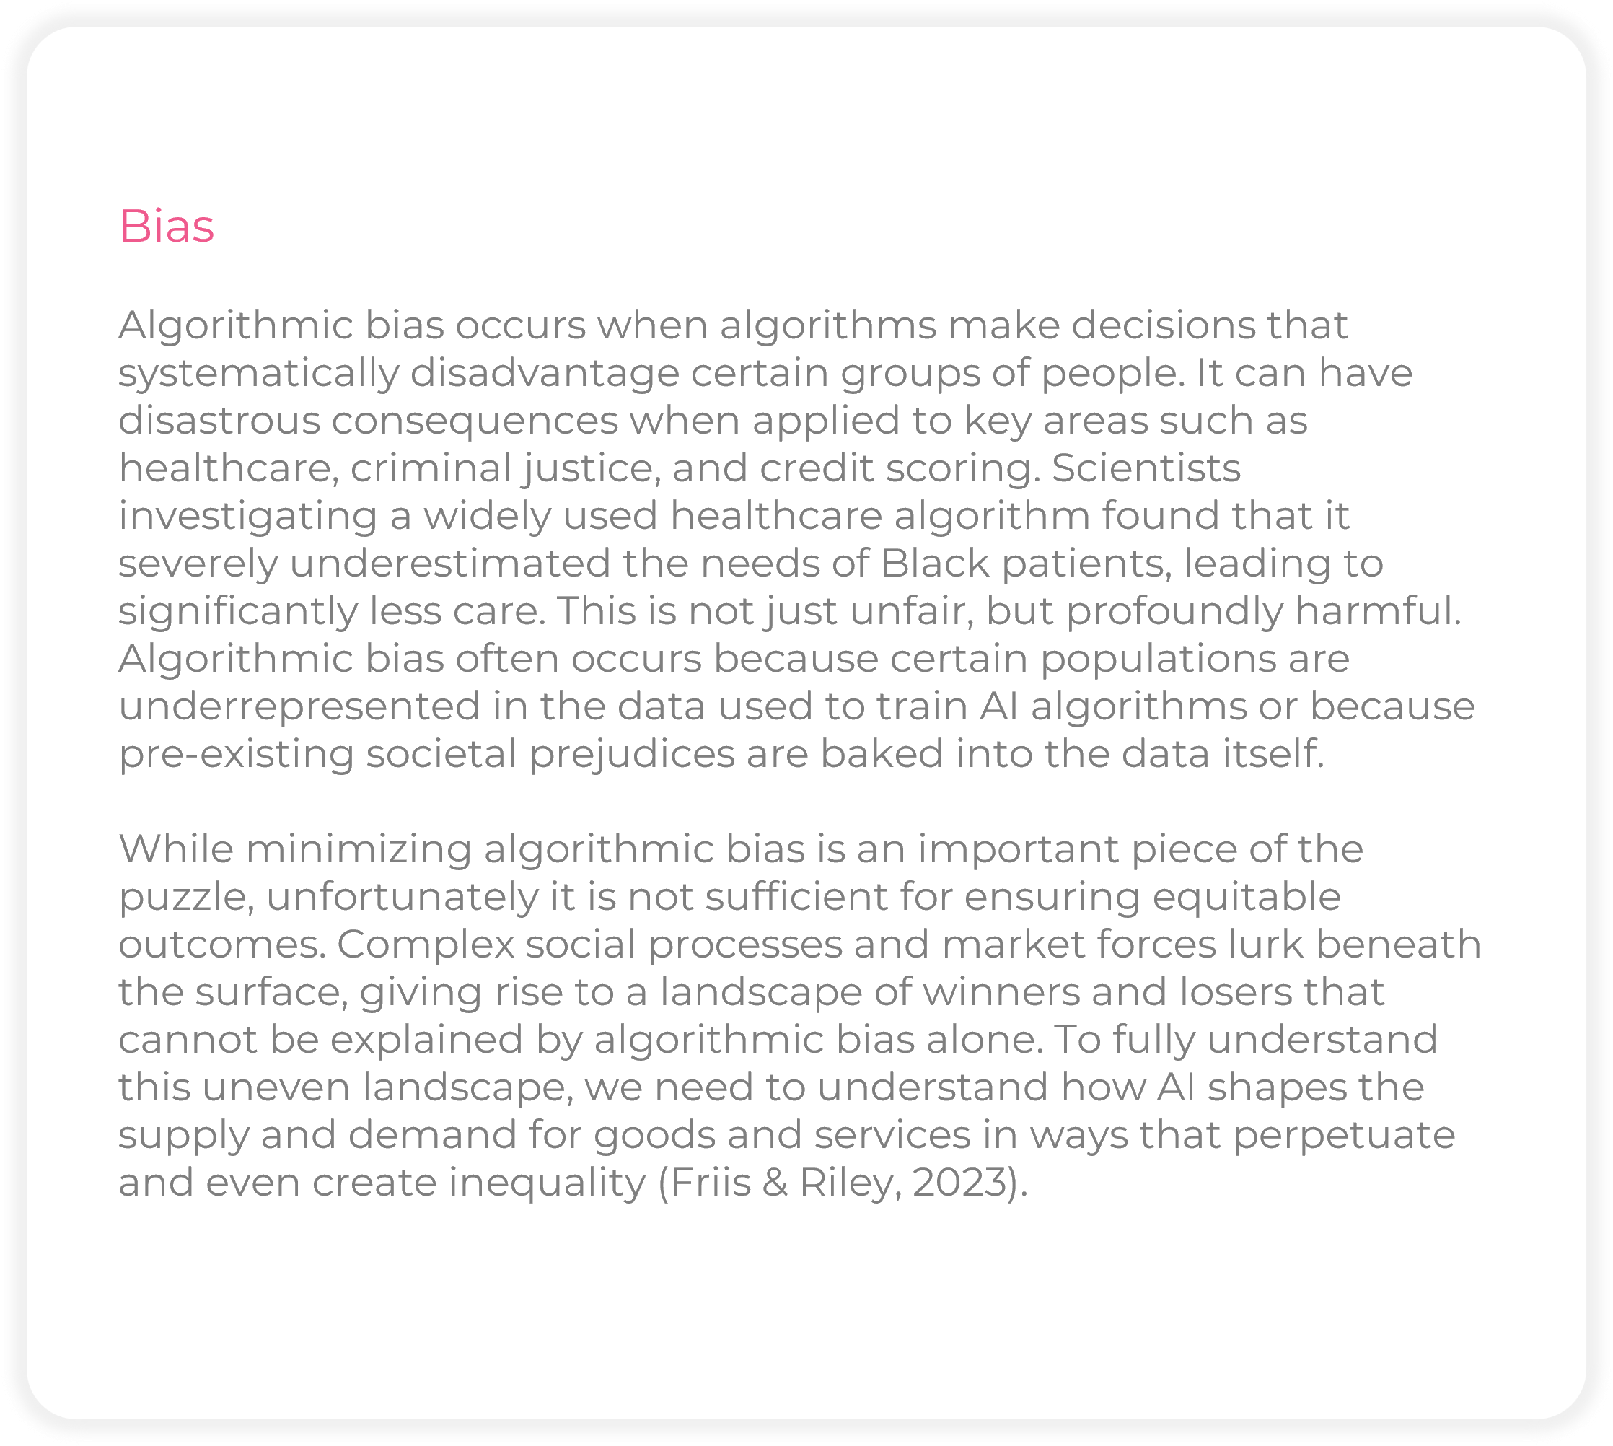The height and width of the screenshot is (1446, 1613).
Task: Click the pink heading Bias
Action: [x=166, y=227]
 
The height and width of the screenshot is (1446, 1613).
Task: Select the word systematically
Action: [x=258, y=374]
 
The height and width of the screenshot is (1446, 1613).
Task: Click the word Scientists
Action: [x=1146, y=468]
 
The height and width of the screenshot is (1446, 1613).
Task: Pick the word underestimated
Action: [x=449, y=564]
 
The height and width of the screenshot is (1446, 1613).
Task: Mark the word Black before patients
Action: [x=935, y=564]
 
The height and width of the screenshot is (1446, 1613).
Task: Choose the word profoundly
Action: [x=1174, y=611]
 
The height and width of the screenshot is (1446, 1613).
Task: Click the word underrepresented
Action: [x=299, y=706]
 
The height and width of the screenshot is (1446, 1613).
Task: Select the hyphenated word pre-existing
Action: [x=236, y=754]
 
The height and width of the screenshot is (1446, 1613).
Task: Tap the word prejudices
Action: [x=632, y=754]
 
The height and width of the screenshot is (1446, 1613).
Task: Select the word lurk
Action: [x=1266, y=945]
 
